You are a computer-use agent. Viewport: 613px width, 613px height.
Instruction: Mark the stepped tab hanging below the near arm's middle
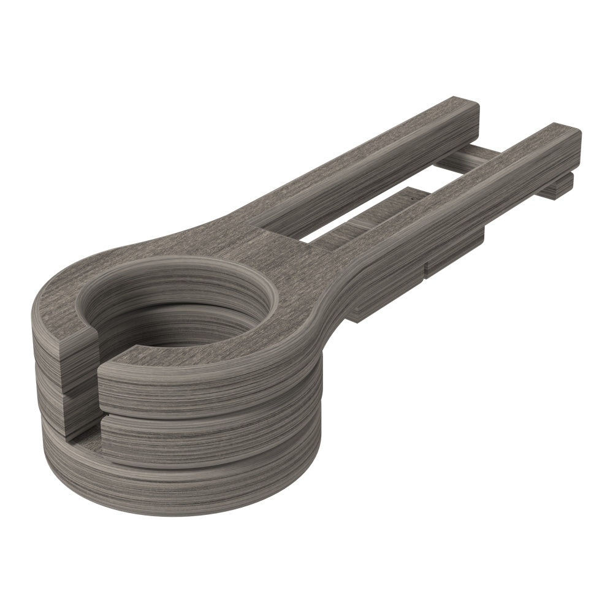click(x=454, y=257)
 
